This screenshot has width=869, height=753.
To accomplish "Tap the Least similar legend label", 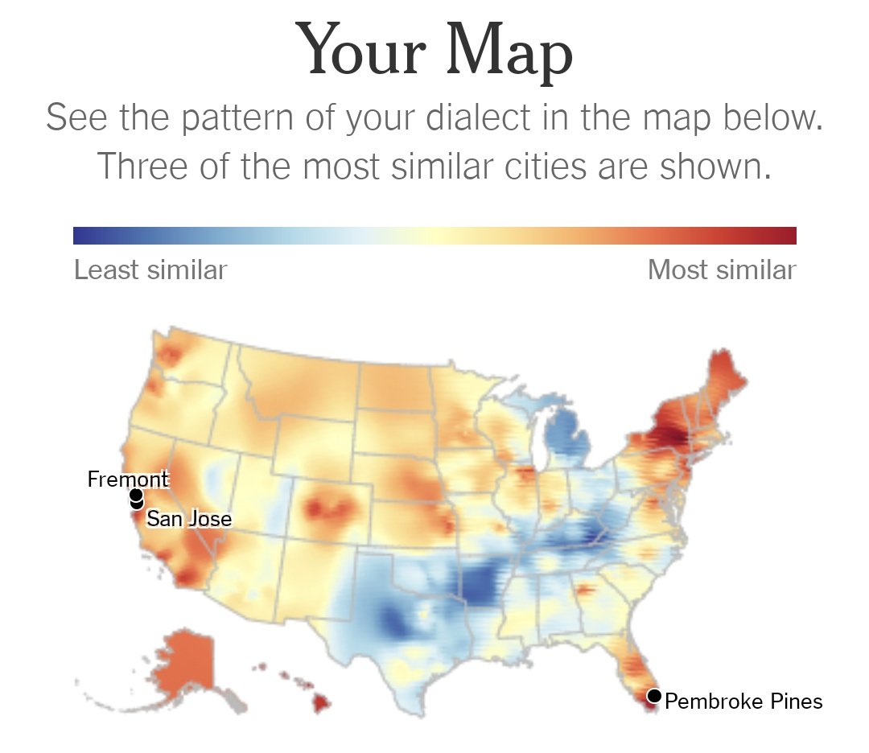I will pos(150,270).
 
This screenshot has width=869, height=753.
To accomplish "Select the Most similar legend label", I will pos(722,270).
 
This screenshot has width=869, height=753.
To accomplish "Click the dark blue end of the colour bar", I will pos(80,236).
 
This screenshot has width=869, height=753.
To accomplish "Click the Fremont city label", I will pos(128,480).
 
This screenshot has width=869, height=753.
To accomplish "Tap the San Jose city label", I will pos(189,519).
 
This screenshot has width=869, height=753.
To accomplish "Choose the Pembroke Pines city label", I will pos(743,702).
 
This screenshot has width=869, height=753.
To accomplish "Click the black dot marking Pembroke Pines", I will pos(654,696).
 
